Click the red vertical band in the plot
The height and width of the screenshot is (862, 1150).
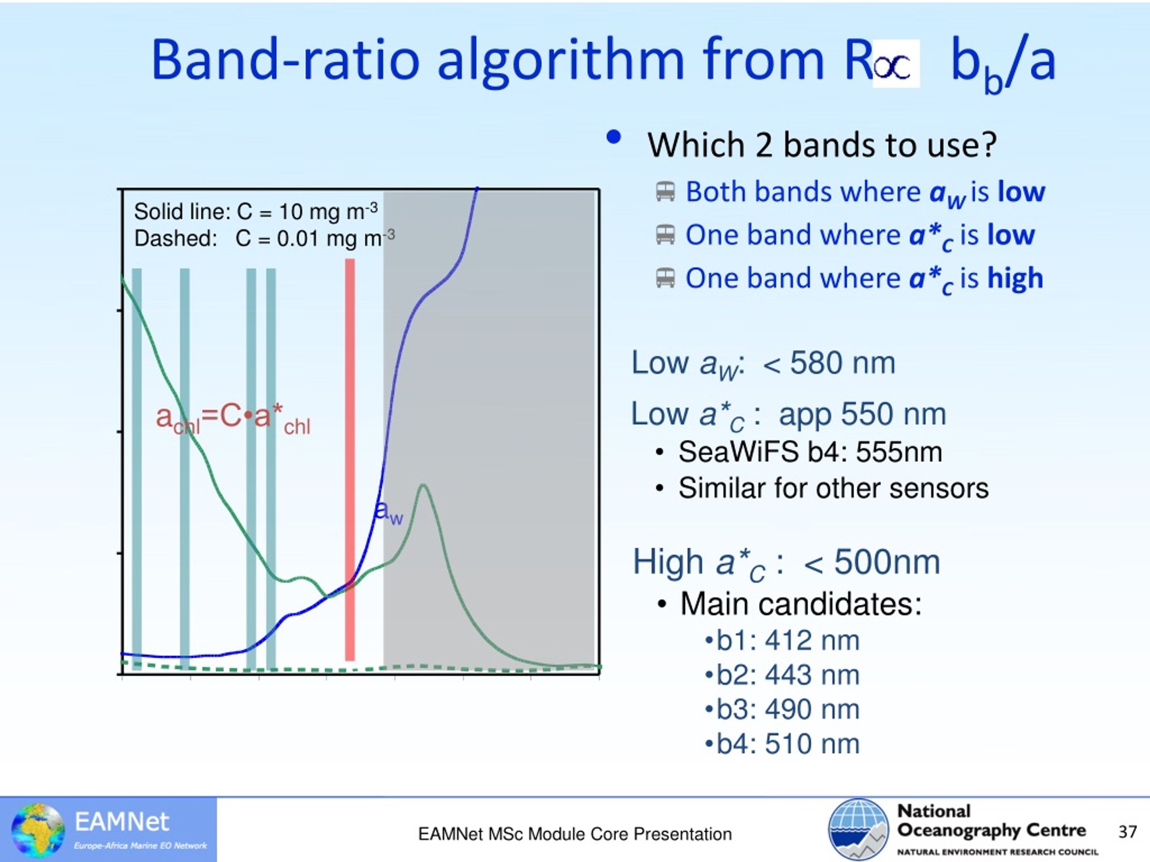click(x=350, y=460)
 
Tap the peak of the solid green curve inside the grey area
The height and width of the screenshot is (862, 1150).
click(x=424, y=485)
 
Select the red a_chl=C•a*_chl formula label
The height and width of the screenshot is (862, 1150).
click(x=233, y=419)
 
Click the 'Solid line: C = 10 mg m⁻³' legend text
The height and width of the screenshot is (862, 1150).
click(x=256, y=211)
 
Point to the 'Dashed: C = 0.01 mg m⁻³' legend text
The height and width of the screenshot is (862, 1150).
click(x=265, y=238)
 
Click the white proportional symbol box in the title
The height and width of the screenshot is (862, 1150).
click(x=896, y=63)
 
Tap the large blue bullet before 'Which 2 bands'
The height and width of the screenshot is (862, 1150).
click(x=614, y=136)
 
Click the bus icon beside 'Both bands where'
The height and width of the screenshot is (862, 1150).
click(x=665, y=191)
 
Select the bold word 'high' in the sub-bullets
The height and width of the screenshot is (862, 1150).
click(x=1015, y=278)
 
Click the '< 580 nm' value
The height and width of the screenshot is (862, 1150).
click(x=829, y=362)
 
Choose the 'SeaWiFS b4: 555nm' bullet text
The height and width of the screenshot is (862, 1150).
click(x=810, y=452)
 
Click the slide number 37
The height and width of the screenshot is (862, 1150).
click(x=1128, y=832)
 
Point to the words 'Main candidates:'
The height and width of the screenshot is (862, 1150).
click(x=801, y=604)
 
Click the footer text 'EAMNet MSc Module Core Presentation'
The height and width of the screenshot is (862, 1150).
click(x=575, y=834)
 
